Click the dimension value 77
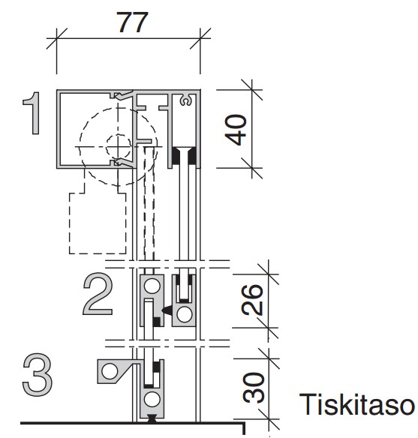pos(132,22)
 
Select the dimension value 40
pos(236,130)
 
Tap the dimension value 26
pos(252,299)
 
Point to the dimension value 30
pos(254,387)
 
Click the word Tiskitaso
pos(356,404)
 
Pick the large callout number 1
pos(32,113)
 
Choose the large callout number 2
pos(98,294)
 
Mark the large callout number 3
pos(38,374)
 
